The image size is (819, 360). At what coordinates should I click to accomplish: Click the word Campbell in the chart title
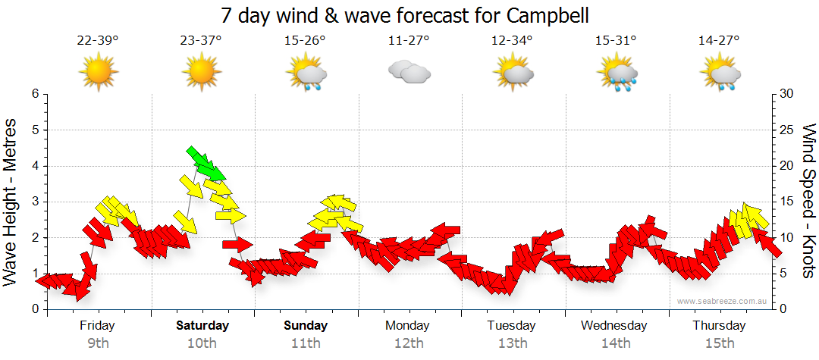click(x=545, y=15)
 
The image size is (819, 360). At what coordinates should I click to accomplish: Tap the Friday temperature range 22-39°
click(x=99, y=40)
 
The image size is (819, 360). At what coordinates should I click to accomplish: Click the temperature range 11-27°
click(x=409, y=40)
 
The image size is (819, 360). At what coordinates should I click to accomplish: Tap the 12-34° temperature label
click(x=512, y=40)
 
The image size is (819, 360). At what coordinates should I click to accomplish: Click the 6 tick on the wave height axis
click(x=35, y=94)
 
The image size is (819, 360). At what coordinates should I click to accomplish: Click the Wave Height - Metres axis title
click(x=11, y=201)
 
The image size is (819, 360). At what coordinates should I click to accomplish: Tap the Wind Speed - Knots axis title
click(x=808, y=201)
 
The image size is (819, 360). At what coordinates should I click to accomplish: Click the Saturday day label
click(x=202, y=326)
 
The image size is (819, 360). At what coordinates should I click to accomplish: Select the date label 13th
click(x=513, y=343)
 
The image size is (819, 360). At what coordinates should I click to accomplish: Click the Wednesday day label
click(x=615, y=326)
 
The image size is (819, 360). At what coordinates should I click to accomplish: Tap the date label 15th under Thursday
click(x=720, y=343)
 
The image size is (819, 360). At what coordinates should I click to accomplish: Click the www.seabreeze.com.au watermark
click(x=723, y=301)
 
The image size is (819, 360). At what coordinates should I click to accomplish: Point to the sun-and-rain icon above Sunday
click(x=306, y=74)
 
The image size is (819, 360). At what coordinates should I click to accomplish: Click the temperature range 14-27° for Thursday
click(x=719, y=40)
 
